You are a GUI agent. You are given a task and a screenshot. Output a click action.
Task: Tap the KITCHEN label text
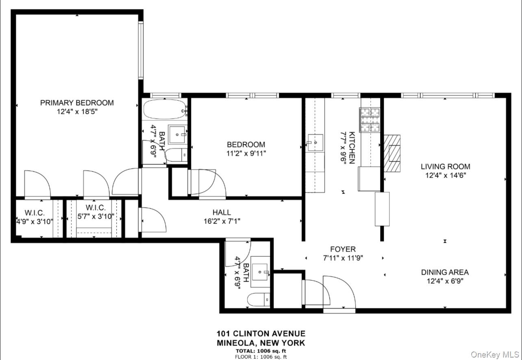coord(352,148)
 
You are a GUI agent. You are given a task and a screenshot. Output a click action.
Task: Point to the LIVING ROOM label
coord(445,166)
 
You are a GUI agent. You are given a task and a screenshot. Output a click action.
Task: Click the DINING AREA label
coord(445,272)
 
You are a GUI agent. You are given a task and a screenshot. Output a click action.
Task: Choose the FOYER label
coord(343,249)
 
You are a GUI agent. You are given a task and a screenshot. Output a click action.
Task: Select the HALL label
coord(222,212)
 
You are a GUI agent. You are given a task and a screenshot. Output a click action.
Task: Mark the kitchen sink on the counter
coord(315,143)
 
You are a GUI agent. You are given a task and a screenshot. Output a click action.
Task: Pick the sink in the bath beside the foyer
coord(259,269)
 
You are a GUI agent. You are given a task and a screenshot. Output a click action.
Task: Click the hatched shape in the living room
coord(391,154)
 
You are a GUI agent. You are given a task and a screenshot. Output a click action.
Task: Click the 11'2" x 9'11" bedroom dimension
coord(246,153)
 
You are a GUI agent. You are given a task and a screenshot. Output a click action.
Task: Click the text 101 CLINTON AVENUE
coord(261,334)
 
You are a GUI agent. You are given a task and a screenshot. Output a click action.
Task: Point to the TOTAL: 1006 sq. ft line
coord(261,351)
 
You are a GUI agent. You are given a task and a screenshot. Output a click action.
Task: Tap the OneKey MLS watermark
coord(494,355)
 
